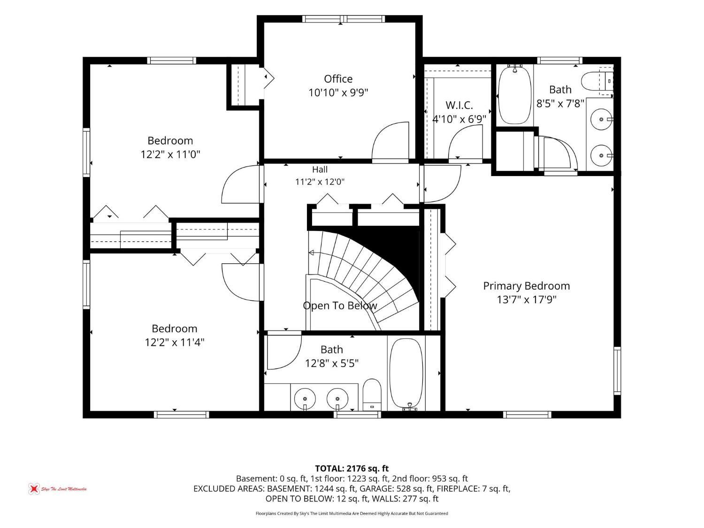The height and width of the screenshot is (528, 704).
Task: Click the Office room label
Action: point(338,79)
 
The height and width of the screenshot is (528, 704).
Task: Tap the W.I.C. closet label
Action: point(459,105)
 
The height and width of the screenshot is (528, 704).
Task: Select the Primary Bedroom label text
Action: point(526,286)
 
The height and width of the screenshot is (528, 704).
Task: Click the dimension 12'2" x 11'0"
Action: point(170,154)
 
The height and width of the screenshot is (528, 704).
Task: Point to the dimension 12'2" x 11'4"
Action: point(175,343)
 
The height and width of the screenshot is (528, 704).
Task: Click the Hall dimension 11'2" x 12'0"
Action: point(320,182)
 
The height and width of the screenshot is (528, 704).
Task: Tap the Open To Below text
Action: point(340,306)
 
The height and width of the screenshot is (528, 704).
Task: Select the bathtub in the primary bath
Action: point(514,95)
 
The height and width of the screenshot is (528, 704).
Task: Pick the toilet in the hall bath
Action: point(372,395)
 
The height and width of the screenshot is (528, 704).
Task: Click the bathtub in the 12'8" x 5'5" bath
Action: point(406,374)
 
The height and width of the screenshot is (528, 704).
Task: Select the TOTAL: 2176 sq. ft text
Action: point(352,468)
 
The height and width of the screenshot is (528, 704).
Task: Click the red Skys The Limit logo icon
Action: point(33,489)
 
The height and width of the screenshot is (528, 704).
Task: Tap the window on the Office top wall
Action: point(343,19)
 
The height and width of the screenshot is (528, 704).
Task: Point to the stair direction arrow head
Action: point(311,253)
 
